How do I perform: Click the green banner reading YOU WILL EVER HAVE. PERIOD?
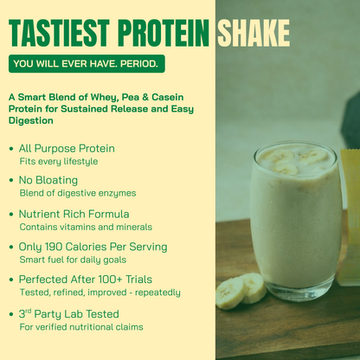tap(85, 63)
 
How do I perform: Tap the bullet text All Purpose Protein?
tap(67, 148)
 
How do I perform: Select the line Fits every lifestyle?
tap(58, 161)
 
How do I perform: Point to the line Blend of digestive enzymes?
tap(77, 193)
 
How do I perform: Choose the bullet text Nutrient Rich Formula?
tap(74, 213)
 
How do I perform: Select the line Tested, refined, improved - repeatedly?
tap(100, 292)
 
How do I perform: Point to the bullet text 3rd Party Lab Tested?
tap(68, 313)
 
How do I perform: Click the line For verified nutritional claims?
tap(80, 327)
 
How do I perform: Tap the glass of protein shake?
tap(296, 216)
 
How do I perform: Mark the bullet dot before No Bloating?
tap(10, 181)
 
